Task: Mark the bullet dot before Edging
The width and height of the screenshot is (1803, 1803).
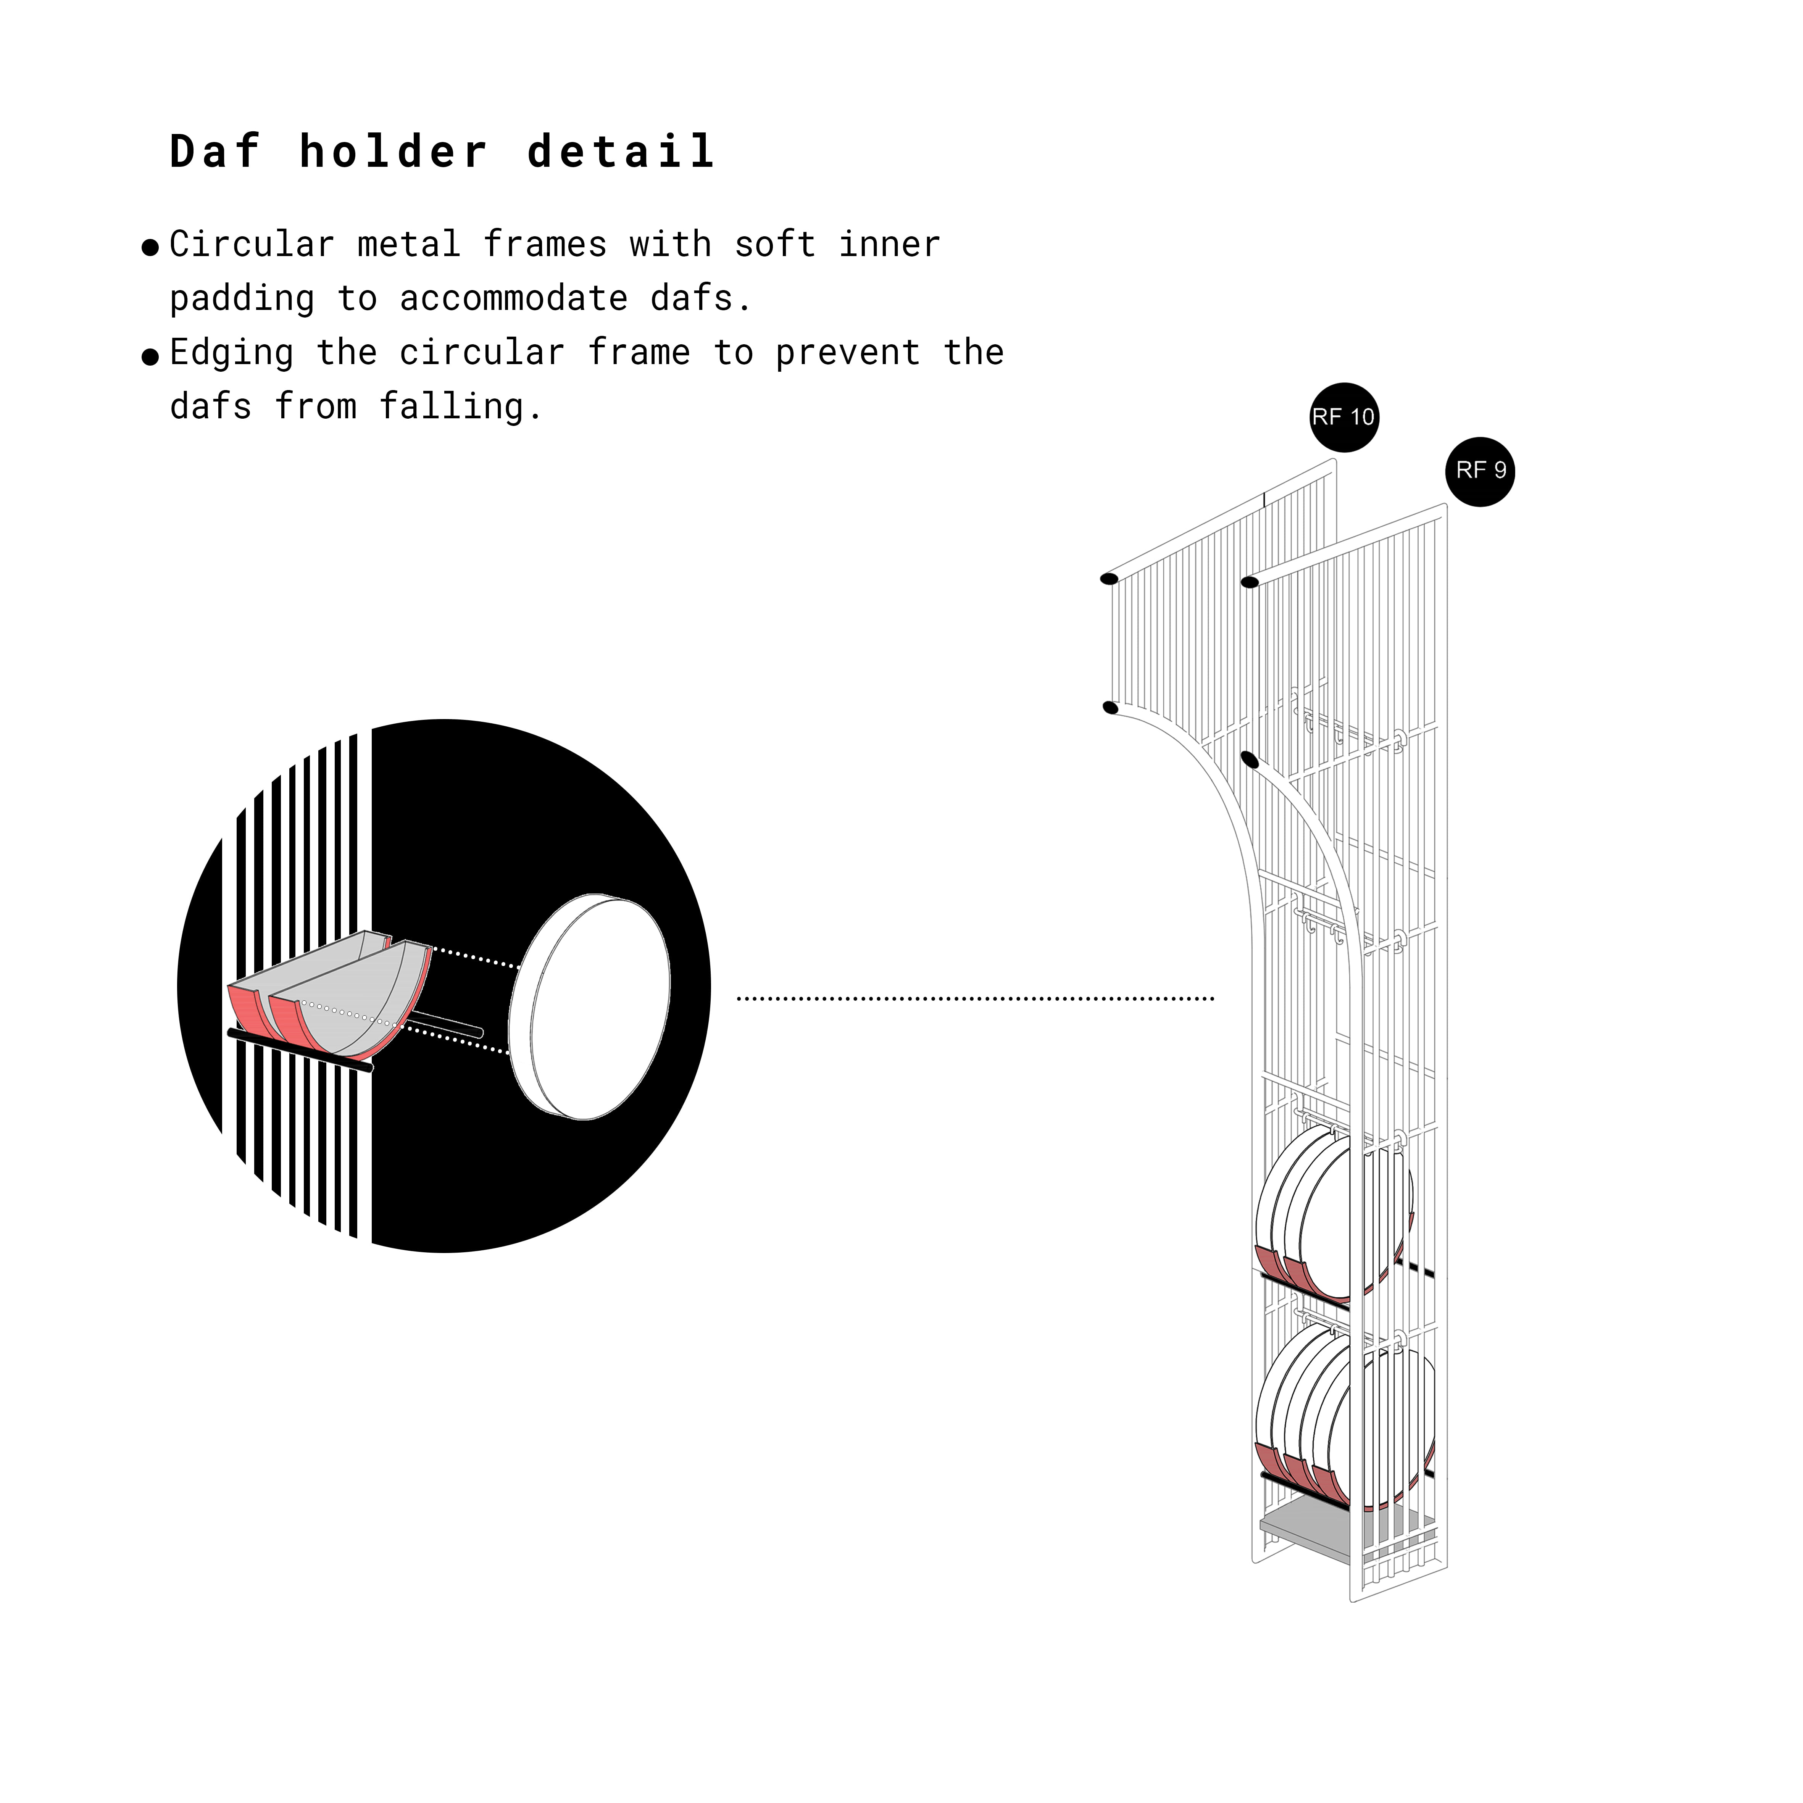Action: pos(150,357)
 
